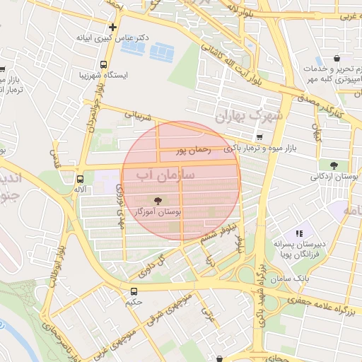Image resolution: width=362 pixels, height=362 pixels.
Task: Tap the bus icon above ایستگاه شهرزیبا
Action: point(105,63)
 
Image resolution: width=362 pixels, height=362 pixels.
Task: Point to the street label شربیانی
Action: point(138,115)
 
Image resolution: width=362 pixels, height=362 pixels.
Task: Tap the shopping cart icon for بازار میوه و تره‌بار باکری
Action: point(259,137)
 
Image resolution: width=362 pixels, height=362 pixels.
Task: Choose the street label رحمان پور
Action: point(194,150)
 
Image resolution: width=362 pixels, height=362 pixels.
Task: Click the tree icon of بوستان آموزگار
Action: point(157,200)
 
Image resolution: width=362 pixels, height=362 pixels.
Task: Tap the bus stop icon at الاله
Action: point(80,179)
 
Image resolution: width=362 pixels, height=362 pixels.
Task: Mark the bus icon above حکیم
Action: point(134,291)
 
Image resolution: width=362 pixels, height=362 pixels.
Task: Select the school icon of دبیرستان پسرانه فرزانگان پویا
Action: point(300,232)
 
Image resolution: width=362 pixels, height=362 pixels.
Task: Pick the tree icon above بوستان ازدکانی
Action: point(334,165)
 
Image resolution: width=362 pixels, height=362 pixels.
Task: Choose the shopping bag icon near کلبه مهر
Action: point(337,58)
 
